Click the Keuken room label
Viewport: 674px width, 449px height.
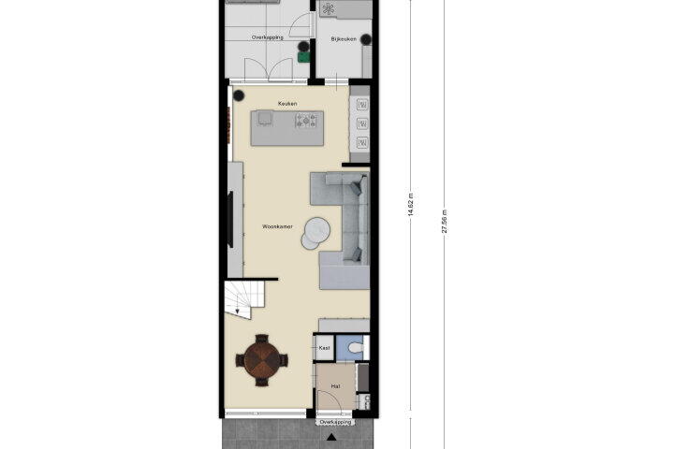[287, 104]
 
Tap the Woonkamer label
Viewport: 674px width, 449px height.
[277, 226]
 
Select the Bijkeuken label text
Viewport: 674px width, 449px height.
[344, 39]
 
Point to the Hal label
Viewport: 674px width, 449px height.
[336, 386]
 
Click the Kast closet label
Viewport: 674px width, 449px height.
[325, 348]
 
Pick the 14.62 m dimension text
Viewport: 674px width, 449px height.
[411, 204]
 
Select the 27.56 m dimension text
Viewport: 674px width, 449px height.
[445, 222]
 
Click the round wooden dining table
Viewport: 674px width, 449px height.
[262, 360]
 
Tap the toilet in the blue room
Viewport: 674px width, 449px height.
[355, 348]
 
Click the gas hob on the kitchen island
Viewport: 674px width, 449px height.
[306, 121]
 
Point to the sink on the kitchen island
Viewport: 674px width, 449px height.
[265, 117]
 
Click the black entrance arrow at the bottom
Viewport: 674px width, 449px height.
[331, 438]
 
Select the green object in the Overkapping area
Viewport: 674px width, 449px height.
[304, 57]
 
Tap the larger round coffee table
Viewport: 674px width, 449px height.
[317, 229]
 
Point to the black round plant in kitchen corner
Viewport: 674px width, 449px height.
[239, 95]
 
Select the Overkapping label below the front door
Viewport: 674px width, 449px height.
[336, 423]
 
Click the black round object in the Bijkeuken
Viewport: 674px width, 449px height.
[366, 39]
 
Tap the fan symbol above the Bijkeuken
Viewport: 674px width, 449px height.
[329, 9]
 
